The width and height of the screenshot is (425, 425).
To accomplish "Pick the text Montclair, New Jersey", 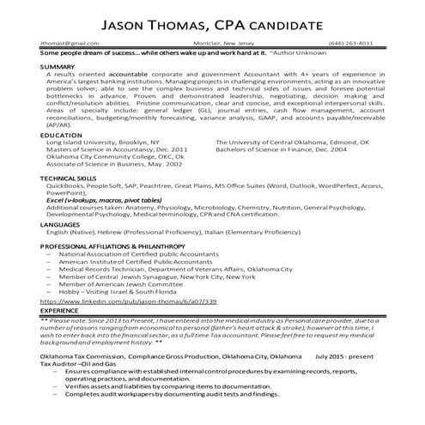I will [222, 41].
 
